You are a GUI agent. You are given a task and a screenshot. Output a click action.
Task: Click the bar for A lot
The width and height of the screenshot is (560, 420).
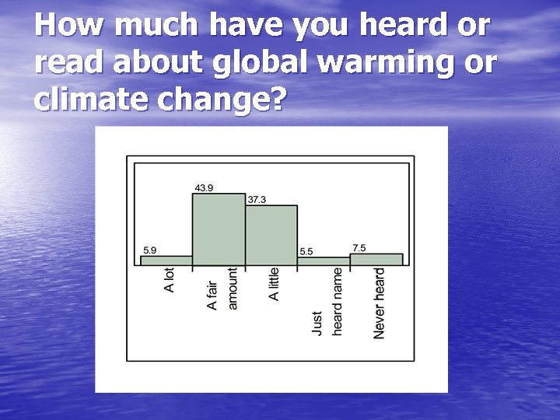click(166, 261)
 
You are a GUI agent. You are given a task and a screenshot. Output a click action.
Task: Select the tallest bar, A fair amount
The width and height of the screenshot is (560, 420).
click(219, 229)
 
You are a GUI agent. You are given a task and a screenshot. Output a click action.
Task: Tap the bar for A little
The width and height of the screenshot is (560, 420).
click(271, 235)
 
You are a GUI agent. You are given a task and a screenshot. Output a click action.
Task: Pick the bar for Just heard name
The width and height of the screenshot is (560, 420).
click(324, 261)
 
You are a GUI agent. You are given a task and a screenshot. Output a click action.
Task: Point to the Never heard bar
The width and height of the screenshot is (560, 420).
click(376, 259)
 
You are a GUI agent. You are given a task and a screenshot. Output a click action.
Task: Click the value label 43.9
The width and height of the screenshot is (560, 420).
click(204, 187)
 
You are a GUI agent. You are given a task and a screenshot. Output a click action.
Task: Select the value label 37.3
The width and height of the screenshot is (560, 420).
click(257, 199)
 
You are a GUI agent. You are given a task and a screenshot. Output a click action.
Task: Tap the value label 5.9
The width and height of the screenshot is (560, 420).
click(150, 250)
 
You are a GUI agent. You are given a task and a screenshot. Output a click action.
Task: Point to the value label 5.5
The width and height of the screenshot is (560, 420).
click(306, 251)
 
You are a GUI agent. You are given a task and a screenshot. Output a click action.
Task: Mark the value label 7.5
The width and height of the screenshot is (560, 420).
click(359, 247)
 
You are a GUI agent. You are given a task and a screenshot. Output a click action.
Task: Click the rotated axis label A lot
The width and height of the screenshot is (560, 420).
click(170, 280)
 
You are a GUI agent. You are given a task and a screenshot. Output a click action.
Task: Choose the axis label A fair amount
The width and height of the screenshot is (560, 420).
click(222, 289)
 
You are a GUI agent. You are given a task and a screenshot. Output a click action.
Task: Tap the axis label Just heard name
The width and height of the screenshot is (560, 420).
click(327, 302)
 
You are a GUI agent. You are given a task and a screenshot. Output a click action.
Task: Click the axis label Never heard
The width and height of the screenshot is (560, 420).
click(380, 303)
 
